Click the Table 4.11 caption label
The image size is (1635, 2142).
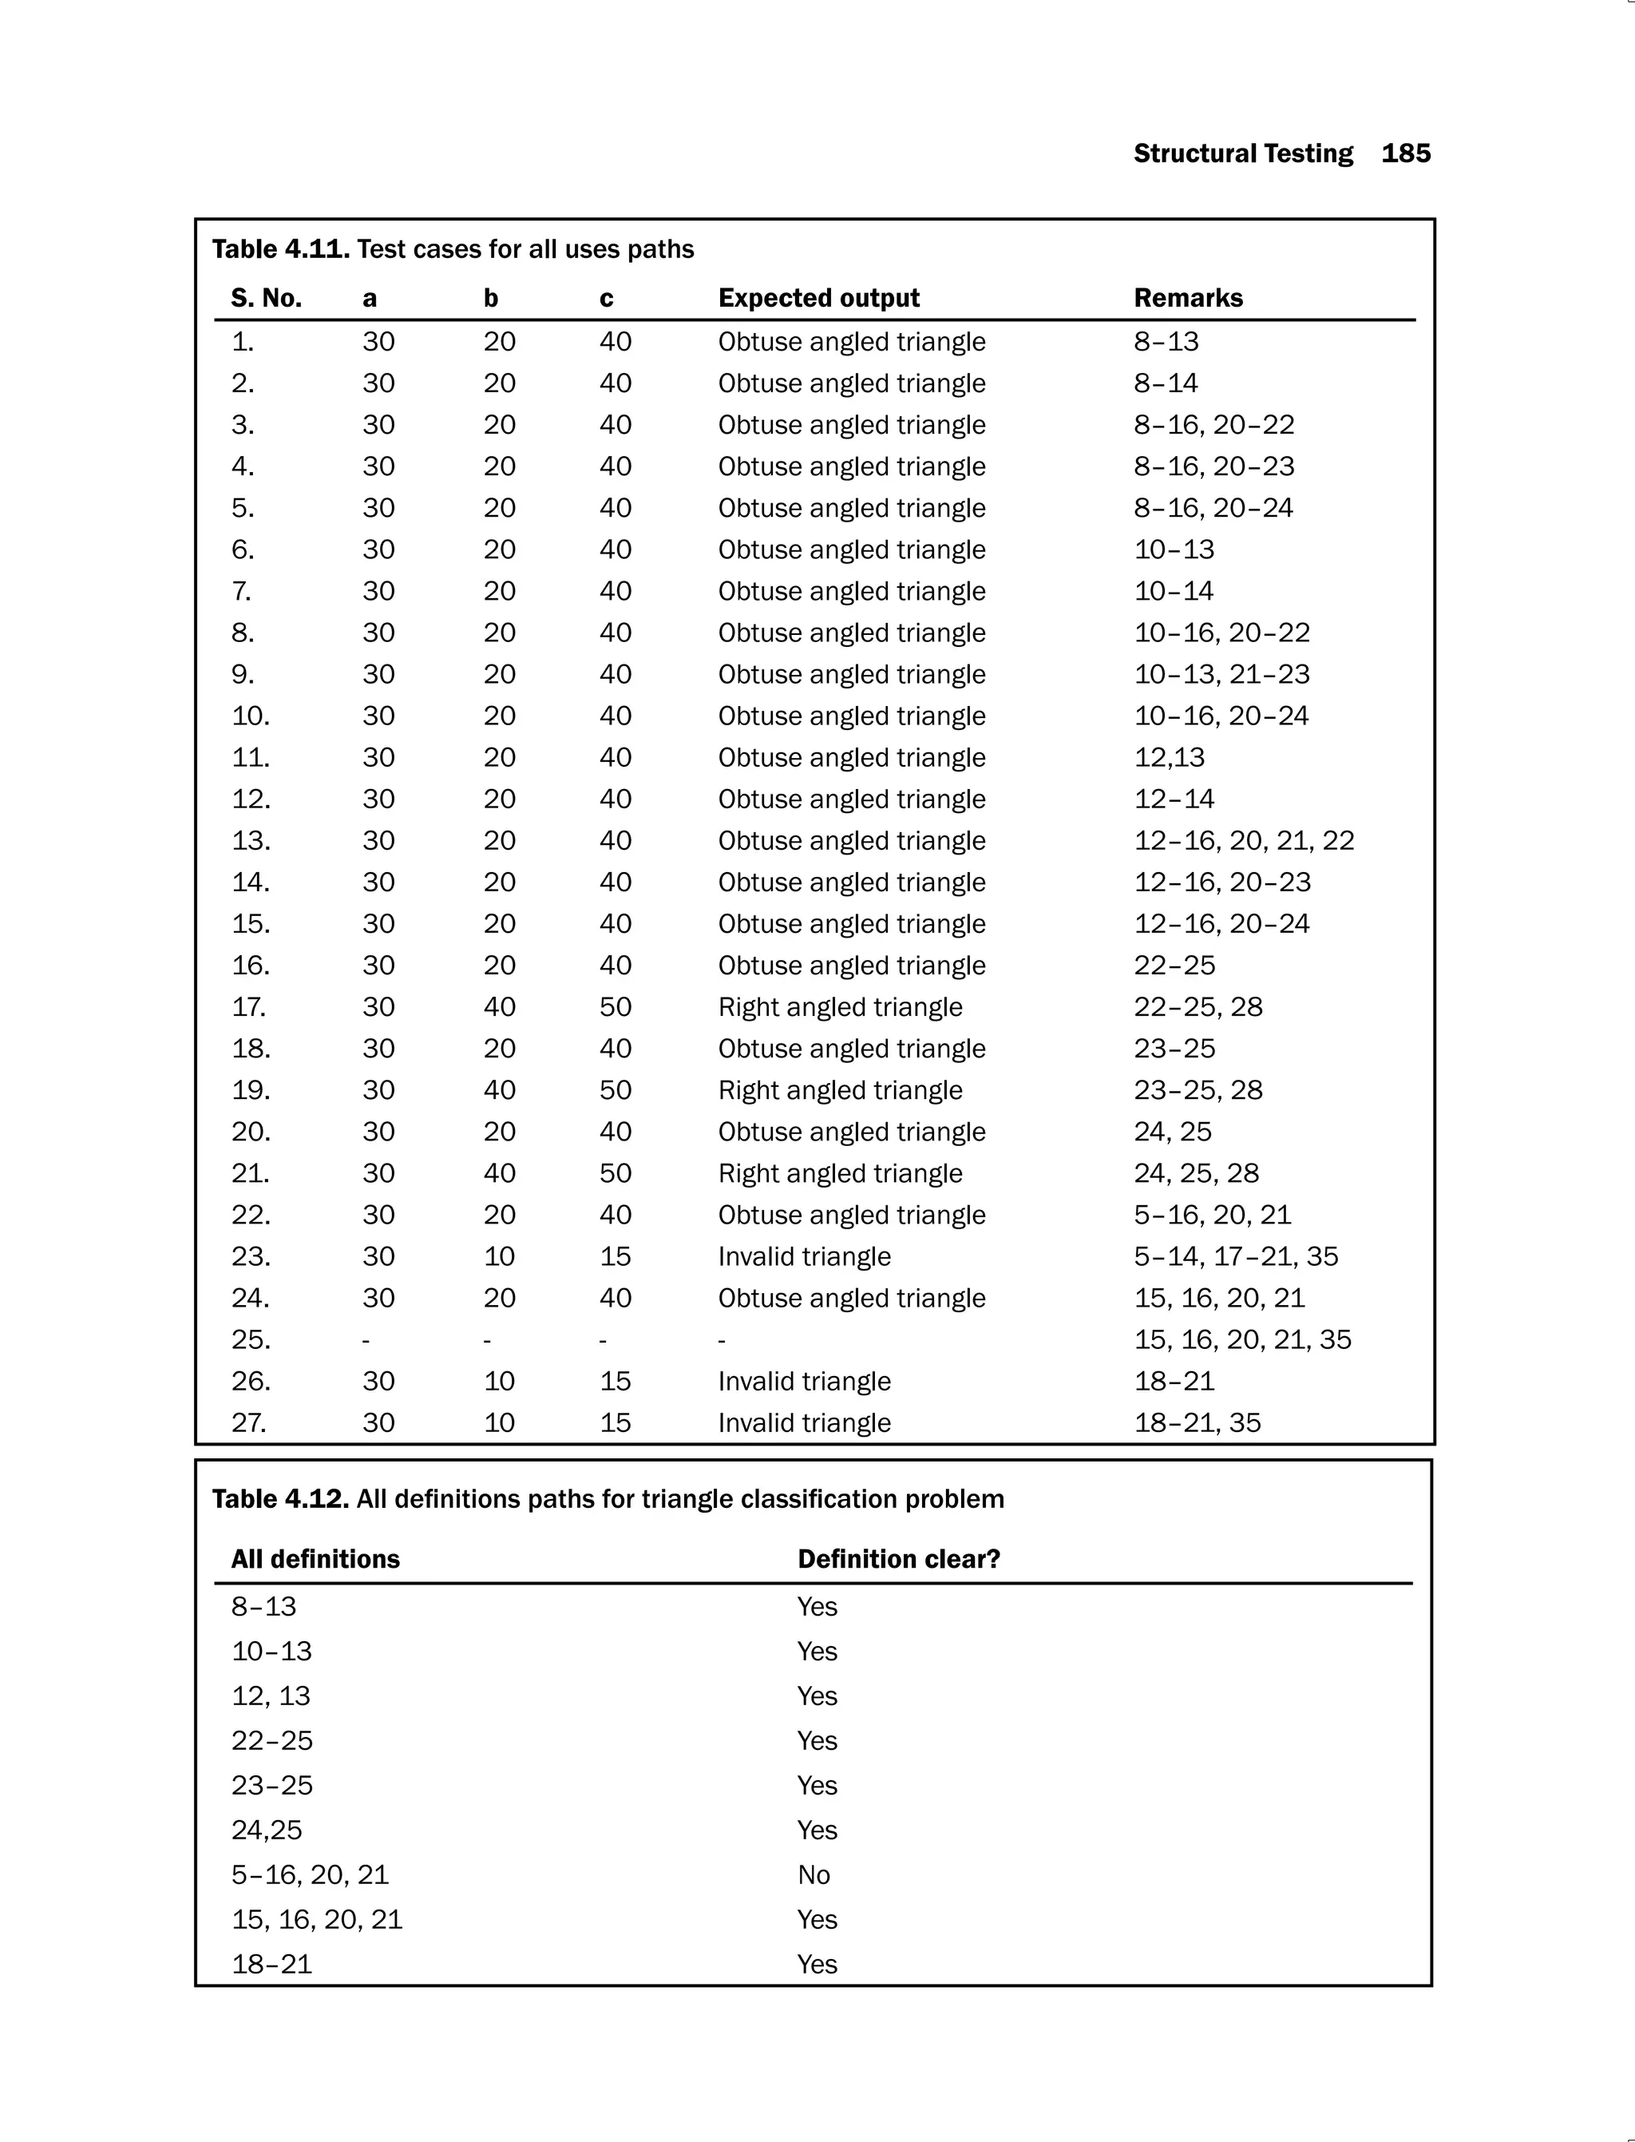(280, 249)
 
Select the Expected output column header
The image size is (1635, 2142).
(818, 298)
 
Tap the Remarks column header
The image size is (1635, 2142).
(1187, 298)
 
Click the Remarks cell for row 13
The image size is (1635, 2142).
(1243, 840)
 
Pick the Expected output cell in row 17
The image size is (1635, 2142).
(839, 1007)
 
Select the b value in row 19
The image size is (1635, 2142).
(499, 1089)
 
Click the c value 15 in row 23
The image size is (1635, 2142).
(615, 1256)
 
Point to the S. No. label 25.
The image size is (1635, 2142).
(250, 1339)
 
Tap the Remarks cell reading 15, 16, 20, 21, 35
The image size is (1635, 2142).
(1242, 1339)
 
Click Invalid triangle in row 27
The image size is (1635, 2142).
(804, 1422)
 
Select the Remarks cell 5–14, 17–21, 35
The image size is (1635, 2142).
(1235, 1256)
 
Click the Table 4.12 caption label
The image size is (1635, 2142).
(280, 1498)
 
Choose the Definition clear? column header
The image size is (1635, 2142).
(898, 1559)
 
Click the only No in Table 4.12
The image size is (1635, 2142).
(814, 1874)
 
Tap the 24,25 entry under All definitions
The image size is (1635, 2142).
(267, 1830)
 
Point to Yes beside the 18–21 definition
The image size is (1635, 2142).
(817, 1964)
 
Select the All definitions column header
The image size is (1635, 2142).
(315, 1559)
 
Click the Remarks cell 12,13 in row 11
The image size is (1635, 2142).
(1169, 757)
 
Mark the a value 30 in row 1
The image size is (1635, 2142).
(378, 342)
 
